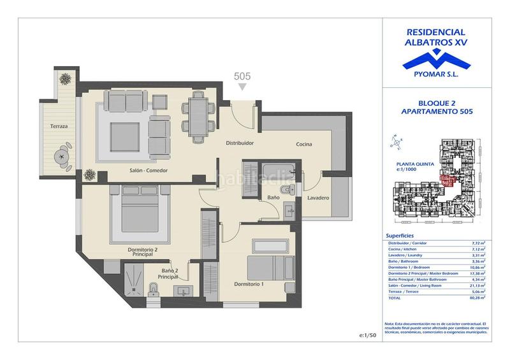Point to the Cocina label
303,145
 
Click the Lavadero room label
317,198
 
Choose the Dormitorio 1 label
249,284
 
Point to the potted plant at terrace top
66,79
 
